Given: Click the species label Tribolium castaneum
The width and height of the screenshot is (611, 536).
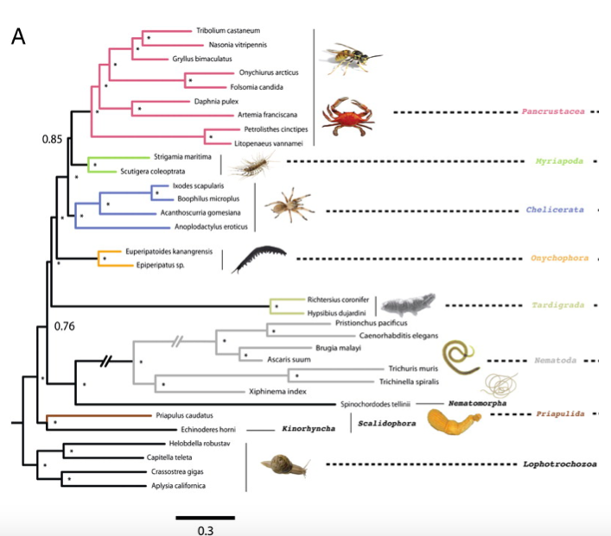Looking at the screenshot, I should coord(227,30).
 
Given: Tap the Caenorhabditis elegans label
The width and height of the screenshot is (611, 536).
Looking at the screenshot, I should coord(399,335).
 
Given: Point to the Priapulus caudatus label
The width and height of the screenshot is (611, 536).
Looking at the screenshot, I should coord(185,414).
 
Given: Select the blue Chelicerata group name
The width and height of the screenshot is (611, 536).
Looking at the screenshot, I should coord(555,210).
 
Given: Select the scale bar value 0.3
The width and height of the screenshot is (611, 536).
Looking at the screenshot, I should coord(205,529).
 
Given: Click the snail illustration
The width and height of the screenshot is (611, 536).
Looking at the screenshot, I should coord(288,466).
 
